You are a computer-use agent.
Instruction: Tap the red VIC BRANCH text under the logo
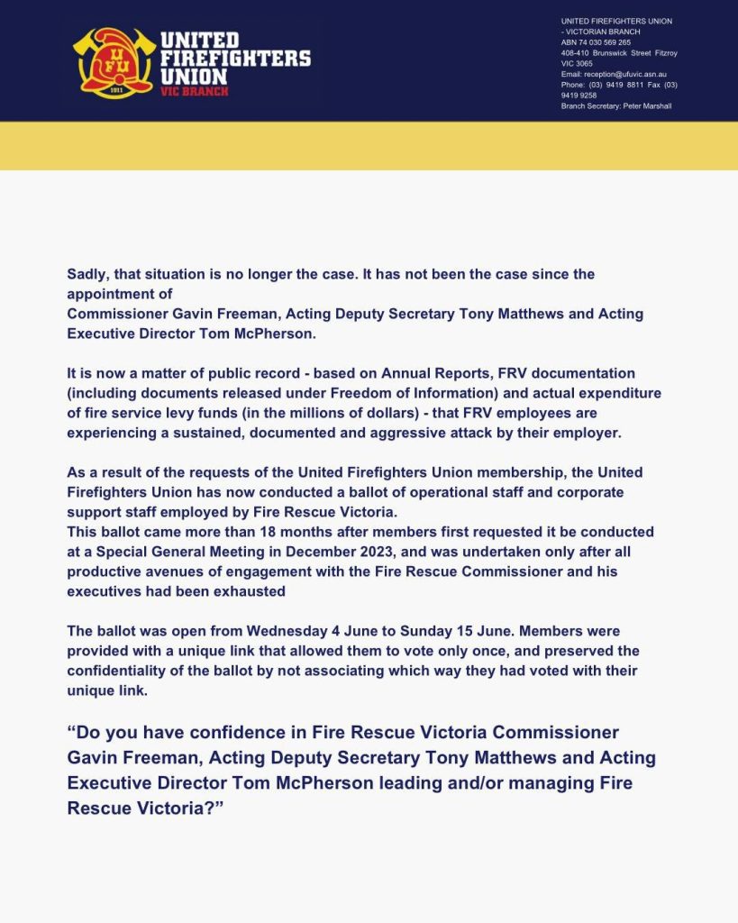click(194, 91)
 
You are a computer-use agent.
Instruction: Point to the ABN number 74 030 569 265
click(606, 42)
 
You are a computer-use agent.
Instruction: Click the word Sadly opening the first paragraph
click(87, 273)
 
